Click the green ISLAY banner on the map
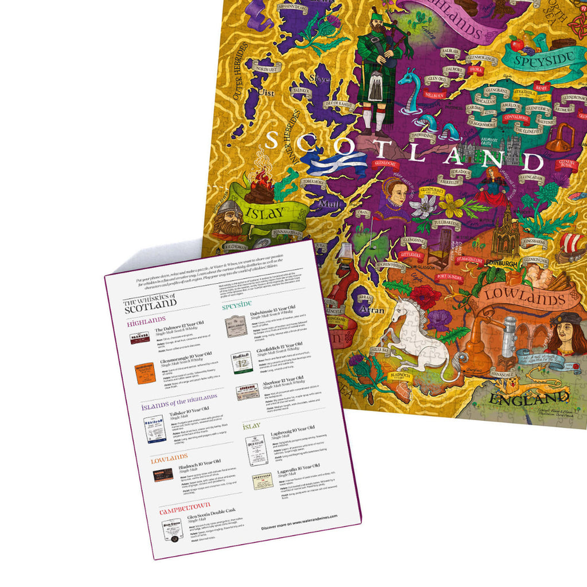click(265, 213)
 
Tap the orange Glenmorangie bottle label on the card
click(146, 373)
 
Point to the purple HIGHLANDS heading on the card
click(147, 319)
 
